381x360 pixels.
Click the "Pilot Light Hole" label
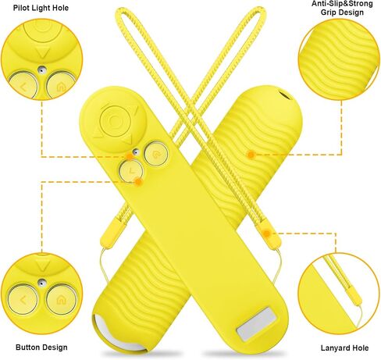41,8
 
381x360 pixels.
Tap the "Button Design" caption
41,348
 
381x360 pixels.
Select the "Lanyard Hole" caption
344,348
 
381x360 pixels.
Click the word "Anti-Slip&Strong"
342,4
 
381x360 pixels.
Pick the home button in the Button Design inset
62,300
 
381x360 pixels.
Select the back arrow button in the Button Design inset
23,300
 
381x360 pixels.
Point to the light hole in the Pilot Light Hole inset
41,70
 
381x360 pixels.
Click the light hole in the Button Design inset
41,283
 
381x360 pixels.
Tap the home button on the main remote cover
155,154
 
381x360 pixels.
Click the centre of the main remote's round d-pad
114,120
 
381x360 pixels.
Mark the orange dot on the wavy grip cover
251,155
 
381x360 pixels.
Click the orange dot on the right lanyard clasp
266,233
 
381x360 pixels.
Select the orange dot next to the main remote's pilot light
129,156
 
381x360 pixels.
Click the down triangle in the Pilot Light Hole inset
42,53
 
